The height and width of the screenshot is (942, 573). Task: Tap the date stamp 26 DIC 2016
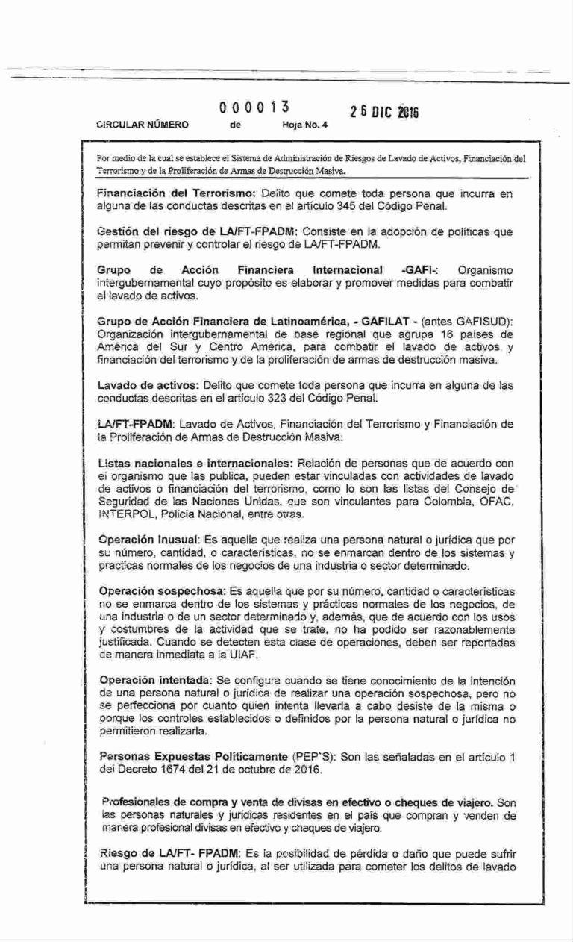point(383,112)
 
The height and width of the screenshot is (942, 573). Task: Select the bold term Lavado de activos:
point(146,385)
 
